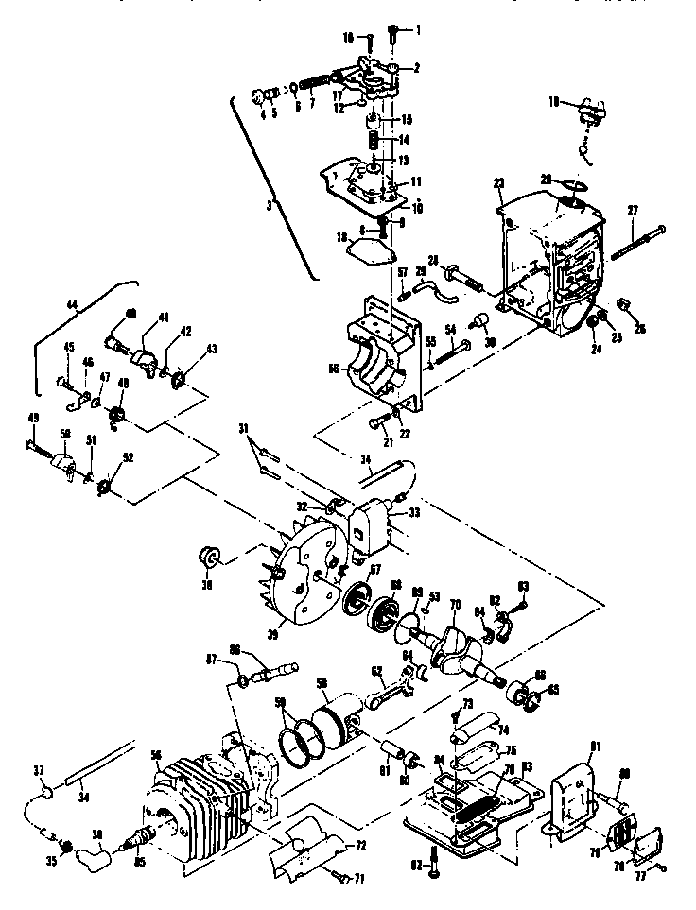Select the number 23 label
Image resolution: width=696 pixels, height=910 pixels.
499,183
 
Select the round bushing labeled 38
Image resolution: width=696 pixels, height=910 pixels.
205,556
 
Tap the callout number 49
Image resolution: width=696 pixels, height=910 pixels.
33,443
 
